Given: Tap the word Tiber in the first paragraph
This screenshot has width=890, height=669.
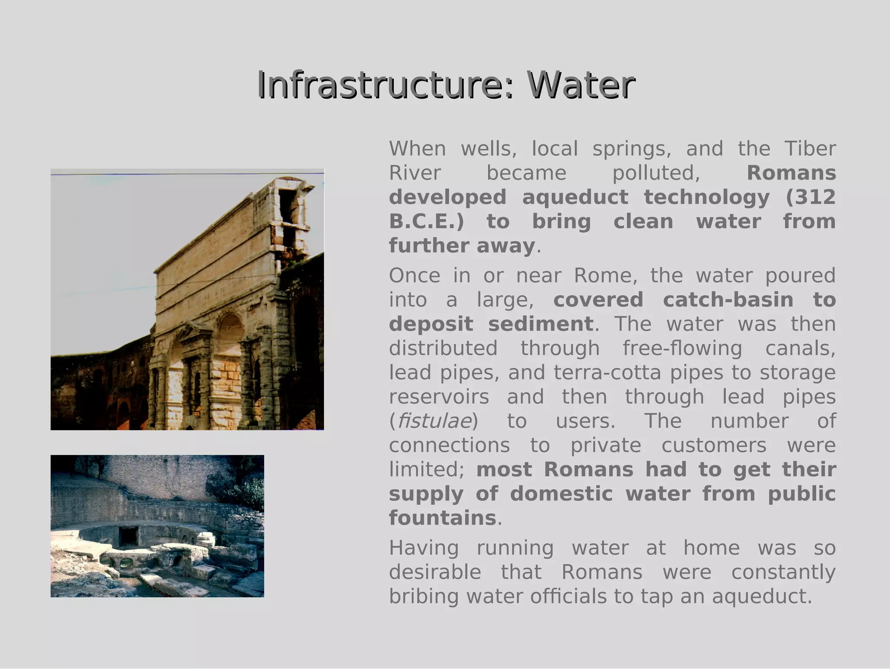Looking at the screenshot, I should click(810, 149).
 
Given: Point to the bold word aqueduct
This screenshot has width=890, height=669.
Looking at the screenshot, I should click(575, 197).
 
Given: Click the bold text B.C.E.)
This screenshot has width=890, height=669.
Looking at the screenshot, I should click(426, 222).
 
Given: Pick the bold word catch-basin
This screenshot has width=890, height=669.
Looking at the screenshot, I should click(728, 300).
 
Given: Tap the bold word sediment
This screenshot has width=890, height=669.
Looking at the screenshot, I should click(541, 324).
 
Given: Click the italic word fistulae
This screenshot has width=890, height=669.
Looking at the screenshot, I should click(434, 421).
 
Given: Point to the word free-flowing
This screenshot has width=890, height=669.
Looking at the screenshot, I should click(682, 348).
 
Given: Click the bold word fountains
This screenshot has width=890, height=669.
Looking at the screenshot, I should click(442, 518).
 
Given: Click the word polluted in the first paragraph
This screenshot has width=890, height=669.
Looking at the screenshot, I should click(656, 173).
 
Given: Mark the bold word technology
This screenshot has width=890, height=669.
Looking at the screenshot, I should click(707, 197).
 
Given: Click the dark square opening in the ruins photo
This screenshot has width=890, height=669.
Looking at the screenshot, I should click(129, 535).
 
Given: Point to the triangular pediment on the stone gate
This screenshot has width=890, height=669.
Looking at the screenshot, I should click(193, 332).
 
